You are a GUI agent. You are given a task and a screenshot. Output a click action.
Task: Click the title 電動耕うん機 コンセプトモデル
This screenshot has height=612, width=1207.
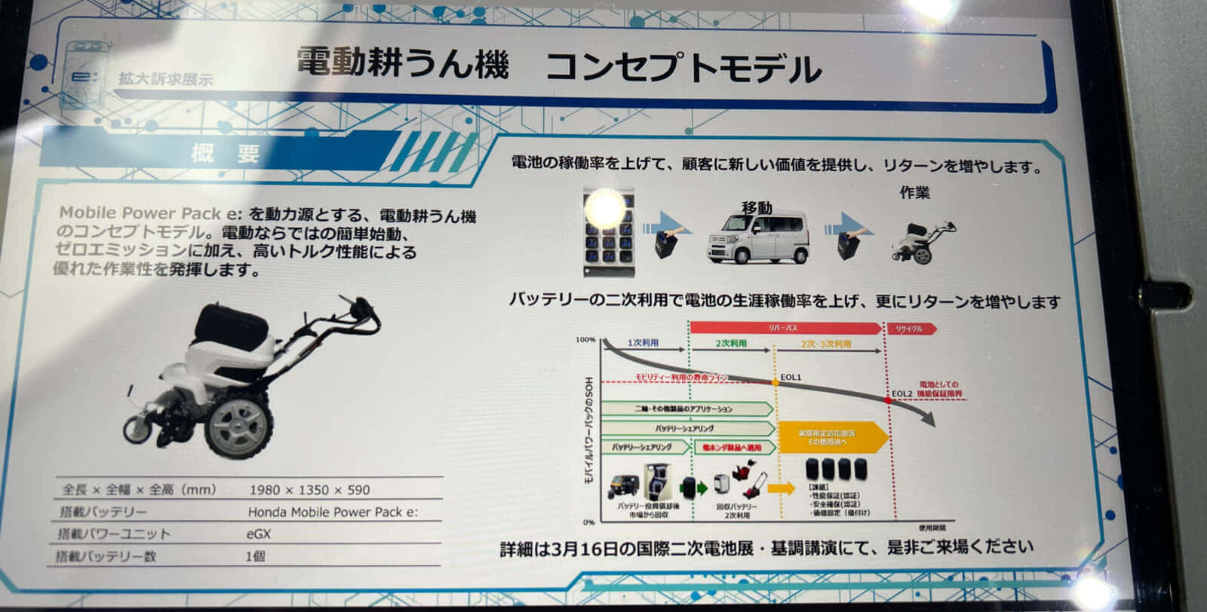point(558,66)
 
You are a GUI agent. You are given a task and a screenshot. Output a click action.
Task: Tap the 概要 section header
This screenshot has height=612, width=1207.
point(225,153)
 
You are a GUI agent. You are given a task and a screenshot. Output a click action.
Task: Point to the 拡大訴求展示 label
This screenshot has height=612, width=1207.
point(165,78)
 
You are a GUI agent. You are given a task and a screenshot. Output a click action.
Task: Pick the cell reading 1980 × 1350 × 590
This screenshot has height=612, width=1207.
point(309,490)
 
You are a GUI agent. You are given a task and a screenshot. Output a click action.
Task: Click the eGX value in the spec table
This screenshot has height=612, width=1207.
point(259,534)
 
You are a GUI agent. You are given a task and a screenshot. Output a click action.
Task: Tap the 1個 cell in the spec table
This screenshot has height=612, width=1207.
point(256,556)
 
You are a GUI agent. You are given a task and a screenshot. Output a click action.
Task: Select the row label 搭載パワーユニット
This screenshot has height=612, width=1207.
point(114,534)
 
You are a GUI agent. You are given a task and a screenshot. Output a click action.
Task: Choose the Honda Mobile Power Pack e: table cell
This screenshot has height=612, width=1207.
point(333,512)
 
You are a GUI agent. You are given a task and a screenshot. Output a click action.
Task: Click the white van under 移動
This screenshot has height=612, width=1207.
point(757,237)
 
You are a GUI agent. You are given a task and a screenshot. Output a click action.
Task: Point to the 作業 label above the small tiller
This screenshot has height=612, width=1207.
point(914,193)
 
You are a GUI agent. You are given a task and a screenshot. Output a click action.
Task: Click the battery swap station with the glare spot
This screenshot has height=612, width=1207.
point(608,232)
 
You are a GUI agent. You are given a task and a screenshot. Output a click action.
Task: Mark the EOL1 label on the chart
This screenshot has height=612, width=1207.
point(791,377)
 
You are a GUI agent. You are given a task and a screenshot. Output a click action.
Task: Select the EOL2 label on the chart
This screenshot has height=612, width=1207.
point(901,393)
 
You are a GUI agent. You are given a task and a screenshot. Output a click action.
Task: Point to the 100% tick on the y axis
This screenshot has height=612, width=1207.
point(585,340)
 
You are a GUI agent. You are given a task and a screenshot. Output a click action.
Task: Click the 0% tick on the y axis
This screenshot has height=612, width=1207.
point(588,522)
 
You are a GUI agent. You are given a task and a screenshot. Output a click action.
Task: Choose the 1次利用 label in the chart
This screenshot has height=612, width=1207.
point(643,343)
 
